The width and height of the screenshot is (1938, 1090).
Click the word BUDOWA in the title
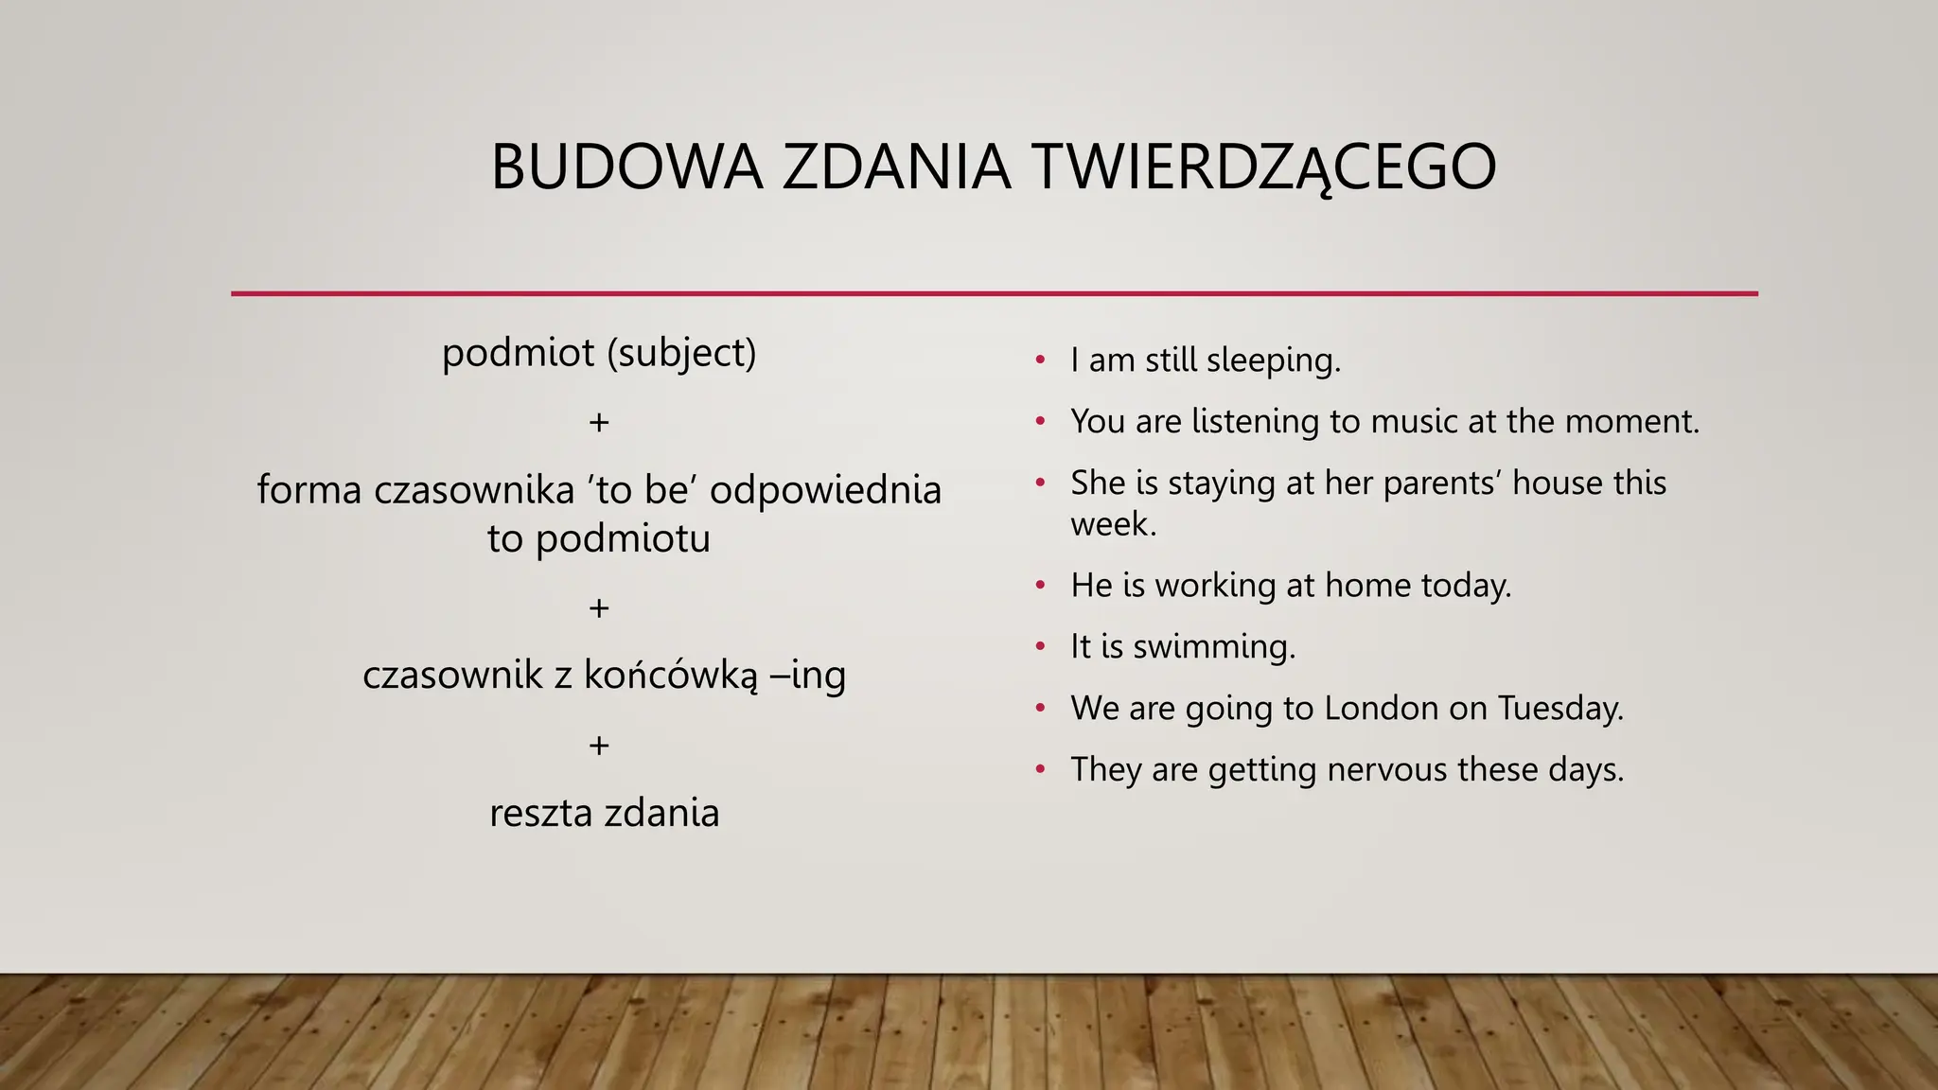point(626,167)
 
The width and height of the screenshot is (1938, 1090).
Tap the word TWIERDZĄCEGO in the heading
point(1263,167)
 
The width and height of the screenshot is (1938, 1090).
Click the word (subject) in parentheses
point(681,354)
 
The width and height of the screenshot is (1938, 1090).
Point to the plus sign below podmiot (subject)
point(598,422)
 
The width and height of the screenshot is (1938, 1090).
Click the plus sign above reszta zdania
point(598,746)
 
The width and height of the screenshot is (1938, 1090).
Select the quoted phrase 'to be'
point(643,490)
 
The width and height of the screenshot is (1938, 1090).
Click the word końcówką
point(670,676)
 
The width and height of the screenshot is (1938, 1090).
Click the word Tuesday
point(1560,708)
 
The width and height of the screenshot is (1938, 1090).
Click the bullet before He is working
point(1040,586)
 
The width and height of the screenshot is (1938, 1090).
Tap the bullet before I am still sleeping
point(1040,360)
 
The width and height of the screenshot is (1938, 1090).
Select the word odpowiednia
point(825,490)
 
